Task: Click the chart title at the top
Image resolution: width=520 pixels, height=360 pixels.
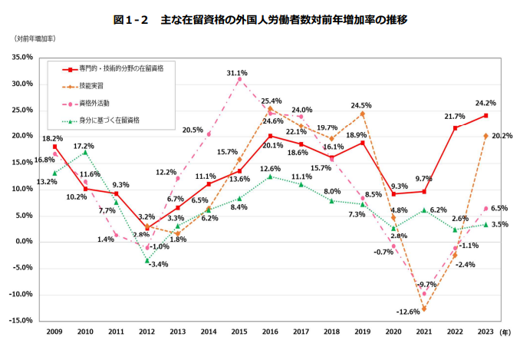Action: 259,19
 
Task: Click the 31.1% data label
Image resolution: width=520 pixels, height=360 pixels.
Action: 237,73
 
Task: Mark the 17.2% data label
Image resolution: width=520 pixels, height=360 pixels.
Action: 85,146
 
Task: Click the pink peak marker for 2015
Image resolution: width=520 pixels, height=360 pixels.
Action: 239,79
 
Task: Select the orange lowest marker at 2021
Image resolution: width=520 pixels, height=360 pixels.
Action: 423,309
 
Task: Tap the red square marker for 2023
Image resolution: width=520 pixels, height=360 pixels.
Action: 485,116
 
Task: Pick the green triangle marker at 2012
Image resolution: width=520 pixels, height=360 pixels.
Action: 146,260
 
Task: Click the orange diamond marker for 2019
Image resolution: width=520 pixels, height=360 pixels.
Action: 362,114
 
